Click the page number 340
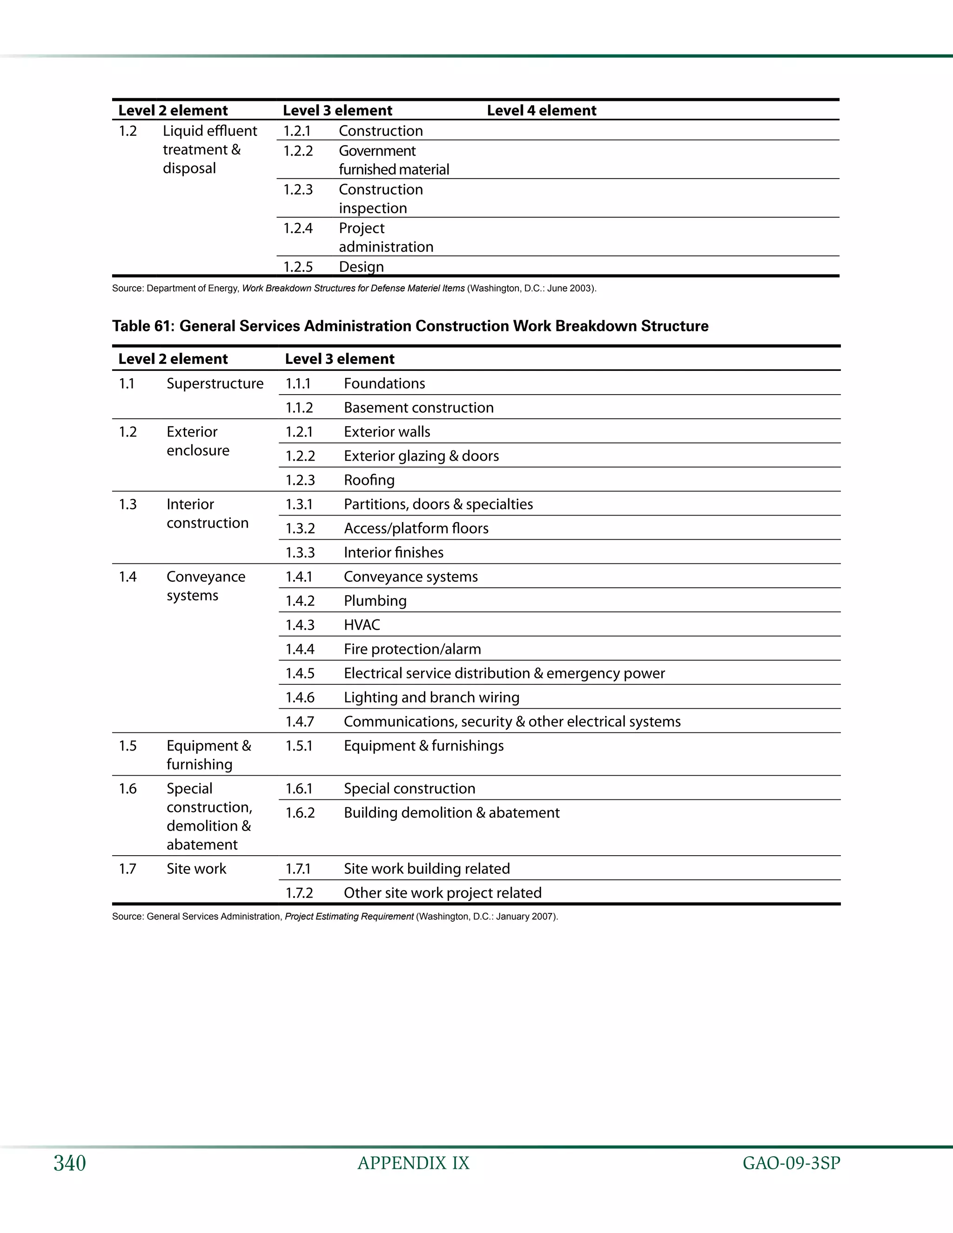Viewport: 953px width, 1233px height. tap(69, 1163)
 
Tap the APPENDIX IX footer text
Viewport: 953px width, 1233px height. tap(413, 1163)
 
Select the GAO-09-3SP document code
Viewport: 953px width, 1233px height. tap(791, 1163)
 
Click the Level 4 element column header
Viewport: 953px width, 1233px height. tap(542, 111)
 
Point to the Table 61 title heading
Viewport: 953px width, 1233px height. tap(410, 326)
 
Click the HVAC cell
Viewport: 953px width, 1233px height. tap(362, 625)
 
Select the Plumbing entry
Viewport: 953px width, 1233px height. tap(375, 601)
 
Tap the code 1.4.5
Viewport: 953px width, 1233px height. tap(300, 674)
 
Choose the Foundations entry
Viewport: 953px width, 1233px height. tap(384, 384)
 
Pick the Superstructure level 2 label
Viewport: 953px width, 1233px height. tap(215, 384)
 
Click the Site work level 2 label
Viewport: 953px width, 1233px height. tap(196, 869)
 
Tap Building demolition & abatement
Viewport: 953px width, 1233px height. tap(452, 813)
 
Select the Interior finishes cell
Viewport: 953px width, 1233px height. tap(394, 553)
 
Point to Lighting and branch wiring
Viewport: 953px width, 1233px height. tap(431, 698)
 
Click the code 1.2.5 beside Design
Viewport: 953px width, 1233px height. tap(297, 267)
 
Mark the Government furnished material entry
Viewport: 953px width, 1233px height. tap(394, 161)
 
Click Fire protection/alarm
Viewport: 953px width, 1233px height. tap(412, 649)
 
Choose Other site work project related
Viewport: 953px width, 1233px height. tap(443, 893)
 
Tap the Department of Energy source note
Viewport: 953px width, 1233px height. tap(354, 288)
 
